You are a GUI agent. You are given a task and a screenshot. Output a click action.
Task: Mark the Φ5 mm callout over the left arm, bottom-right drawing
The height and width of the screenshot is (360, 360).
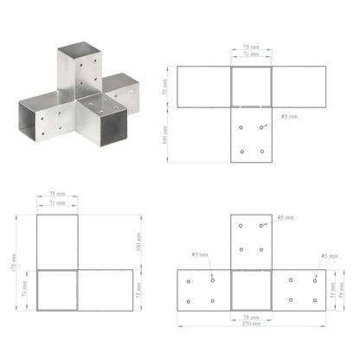(x=196, y=255)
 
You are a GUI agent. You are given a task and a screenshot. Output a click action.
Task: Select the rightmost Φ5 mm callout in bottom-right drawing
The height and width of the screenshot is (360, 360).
(x=329, y=256)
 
